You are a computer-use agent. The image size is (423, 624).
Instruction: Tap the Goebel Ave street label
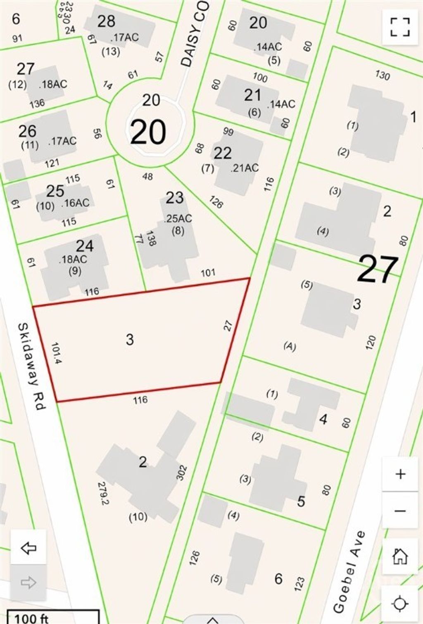(x=349, y=572)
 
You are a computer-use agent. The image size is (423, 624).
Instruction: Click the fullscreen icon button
(x=400, y=27)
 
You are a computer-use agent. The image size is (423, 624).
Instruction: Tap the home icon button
(x=400, y=556)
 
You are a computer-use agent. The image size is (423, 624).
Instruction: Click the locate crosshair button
(x=400, y=604)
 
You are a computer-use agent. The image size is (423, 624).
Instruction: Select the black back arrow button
(x=29, y=548)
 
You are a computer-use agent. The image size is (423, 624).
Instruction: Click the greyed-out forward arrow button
(x=29, y=583)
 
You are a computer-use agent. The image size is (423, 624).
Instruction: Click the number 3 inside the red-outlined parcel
(x=130, y=340)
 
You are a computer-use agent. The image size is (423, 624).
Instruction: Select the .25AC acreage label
(x=178, y=218)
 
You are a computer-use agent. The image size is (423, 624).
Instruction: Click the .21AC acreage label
(x=245, y=168)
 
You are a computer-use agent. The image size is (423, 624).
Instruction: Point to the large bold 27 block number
(x=378, y=269)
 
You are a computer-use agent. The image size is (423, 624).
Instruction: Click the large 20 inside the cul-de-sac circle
(x=148, y=132)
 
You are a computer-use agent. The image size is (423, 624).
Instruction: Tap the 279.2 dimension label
(x=103, y=494)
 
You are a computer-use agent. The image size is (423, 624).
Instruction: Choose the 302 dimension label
(x=182, y=473)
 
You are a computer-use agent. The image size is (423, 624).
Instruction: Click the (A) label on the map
(x=290, y=346)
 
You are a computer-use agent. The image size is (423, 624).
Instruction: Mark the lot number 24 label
(x=85, y=246)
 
